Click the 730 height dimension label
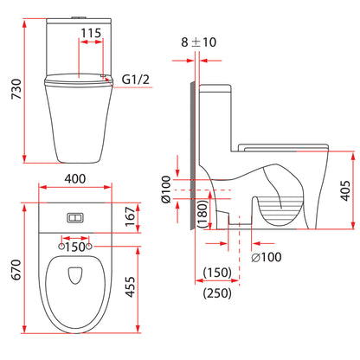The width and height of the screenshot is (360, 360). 16,89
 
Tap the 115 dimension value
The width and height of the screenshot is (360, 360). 91,33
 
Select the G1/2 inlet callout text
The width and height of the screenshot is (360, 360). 136,80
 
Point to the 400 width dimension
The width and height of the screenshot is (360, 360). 75,179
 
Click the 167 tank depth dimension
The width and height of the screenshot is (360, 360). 131,217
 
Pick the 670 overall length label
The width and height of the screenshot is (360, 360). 16,270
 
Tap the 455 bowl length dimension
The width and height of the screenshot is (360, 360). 131,286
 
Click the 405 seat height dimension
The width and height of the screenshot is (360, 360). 345,190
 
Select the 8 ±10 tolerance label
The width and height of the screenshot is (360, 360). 198,42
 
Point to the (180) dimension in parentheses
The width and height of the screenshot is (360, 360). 203,214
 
